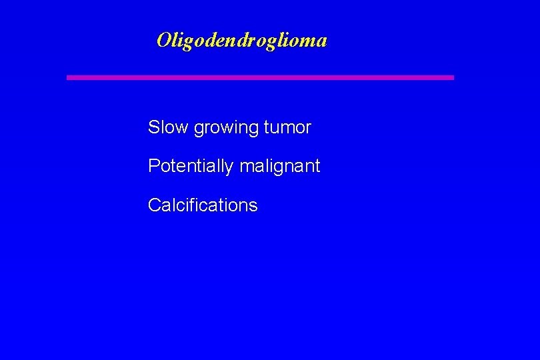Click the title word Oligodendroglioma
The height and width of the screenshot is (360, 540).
pyautogui.click(x=241, y=41)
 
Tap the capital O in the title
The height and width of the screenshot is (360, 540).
pyautogui.click(x=163, y=40)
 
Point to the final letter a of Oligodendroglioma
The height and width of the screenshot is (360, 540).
pyautogui.click(x=321, y=42)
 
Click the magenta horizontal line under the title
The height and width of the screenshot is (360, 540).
pyautogui.click(x=260, y=77)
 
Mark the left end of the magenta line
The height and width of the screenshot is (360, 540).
pyautogui.click(x=68, y=77)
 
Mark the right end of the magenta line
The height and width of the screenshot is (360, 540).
pyautogui.click(x=452, y=77)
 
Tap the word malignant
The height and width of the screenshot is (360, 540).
pyautogui.click(x=279, y=166)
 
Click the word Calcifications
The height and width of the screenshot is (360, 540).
pyautogui.click(x=202, y=205)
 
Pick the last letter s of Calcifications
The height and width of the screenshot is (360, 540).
pyautogui.click(x=253, y=207)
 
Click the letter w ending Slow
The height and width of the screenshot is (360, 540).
pyautogui.click(x=183, y=129)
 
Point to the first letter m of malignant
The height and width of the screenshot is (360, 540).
pyautogui.click(x=245, y=167)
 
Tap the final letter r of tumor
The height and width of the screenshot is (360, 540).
pyautogui.click(x=308, y=129)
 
